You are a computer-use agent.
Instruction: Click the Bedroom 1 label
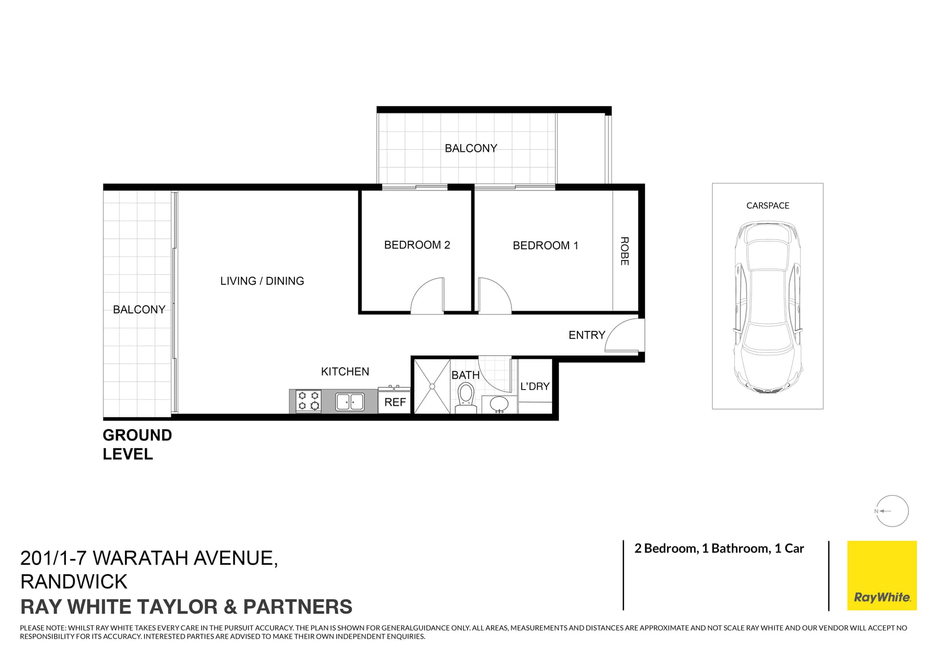(x=545, y=246)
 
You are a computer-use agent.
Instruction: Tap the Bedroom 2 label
(x=417, y=245)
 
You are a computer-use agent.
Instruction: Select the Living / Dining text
(x=262, y=281)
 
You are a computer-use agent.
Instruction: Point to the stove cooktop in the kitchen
(x=308, y=401)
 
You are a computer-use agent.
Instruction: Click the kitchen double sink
(x=350, y=402)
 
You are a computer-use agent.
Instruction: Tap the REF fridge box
(x=395, y=402)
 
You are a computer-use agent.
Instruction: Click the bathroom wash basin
(x=499, y=404)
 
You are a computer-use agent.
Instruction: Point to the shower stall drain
(x=432, y=387)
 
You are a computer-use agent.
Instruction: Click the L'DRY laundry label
(x=535, y=386)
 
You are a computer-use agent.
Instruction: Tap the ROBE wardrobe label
(x=625, y=251)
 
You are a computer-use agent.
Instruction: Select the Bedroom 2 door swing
(x=426, y=296)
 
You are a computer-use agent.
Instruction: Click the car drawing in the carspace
(x=768, y=308)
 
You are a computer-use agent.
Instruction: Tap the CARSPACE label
(x=768, y=206)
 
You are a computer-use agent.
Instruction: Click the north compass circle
(x=893, y=511)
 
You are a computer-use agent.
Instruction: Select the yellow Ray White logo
(x=882, y=575)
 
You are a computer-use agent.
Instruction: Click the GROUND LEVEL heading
(x=137, y=444)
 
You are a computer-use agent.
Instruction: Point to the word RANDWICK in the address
(x=74, y=582)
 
